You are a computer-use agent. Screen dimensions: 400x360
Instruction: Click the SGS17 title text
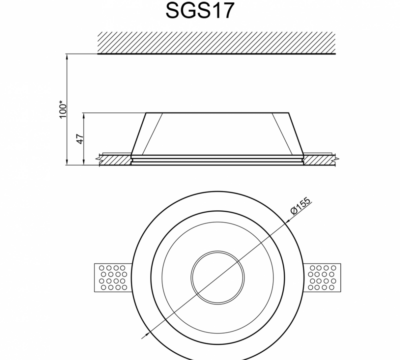click(x=200, y=10)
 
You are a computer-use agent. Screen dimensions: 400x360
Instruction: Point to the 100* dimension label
click(x=63, y=109)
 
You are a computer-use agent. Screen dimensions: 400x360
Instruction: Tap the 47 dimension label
click(x=80, y=139)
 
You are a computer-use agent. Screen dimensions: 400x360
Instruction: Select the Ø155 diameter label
click(x=300, y=206)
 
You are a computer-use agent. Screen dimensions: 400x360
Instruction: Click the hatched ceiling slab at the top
click(x=216, y=43)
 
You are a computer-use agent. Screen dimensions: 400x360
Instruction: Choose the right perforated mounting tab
click(x=322, y=277)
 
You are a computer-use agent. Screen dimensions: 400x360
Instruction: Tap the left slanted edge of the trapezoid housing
click(x=139, y=133)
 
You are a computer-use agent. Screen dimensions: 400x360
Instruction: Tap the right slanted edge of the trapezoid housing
click(x=295, y=133)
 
